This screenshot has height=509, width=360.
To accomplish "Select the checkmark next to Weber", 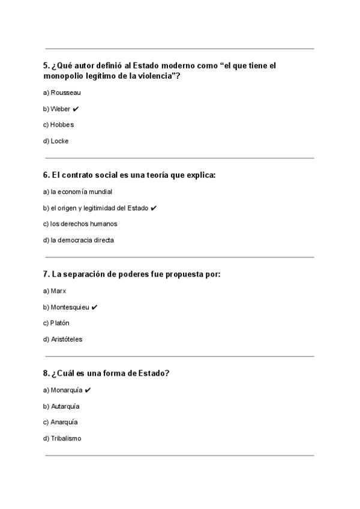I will pos(76,109).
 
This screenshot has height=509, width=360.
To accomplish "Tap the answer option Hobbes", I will pos(62,125).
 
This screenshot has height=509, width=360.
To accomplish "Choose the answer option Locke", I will pos(59,141).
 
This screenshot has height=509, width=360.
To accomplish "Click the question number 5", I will pos(46,65).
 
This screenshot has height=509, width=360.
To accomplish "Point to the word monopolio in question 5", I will pos(64,76).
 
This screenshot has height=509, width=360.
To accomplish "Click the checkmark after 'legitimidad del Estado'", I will pos(154,208).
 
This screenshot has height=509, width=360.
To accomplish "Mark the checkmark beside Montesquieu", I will pos(95,307).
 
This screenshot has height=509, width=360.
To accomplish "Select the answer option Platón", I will pos(60,323).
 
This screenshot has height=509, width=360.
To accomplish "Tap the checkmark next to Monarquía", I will pos(88,390).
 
